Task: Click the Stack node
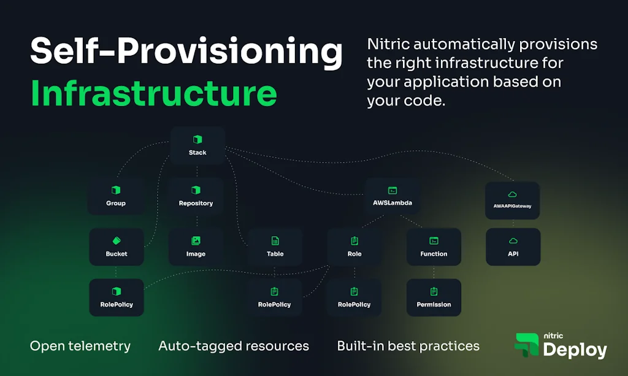click(197, 145)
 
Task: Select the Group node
click(116, 196)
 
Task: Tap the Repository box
click(196, 196)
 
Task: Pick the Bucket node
click(117, 247)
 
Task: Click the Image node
click(196, 247)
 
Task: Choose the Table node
click(275, 247)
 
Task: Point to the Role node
click(354, 247)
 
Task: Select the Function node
click(434, 247)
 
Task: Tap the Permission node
click(434, 297)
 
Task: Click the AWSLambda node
click(392, 196)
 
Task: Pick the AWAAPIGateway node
click(513, 200)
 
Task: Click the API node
click(513, 247)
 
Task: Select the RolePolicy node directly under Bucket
click(117, 297)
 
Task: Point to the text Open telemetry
click(80, 346)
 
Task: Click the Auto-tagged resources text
click(234, 346)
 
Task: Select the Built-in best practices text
click(408, 346)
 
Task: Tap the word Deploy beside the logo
click(575, 350)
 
